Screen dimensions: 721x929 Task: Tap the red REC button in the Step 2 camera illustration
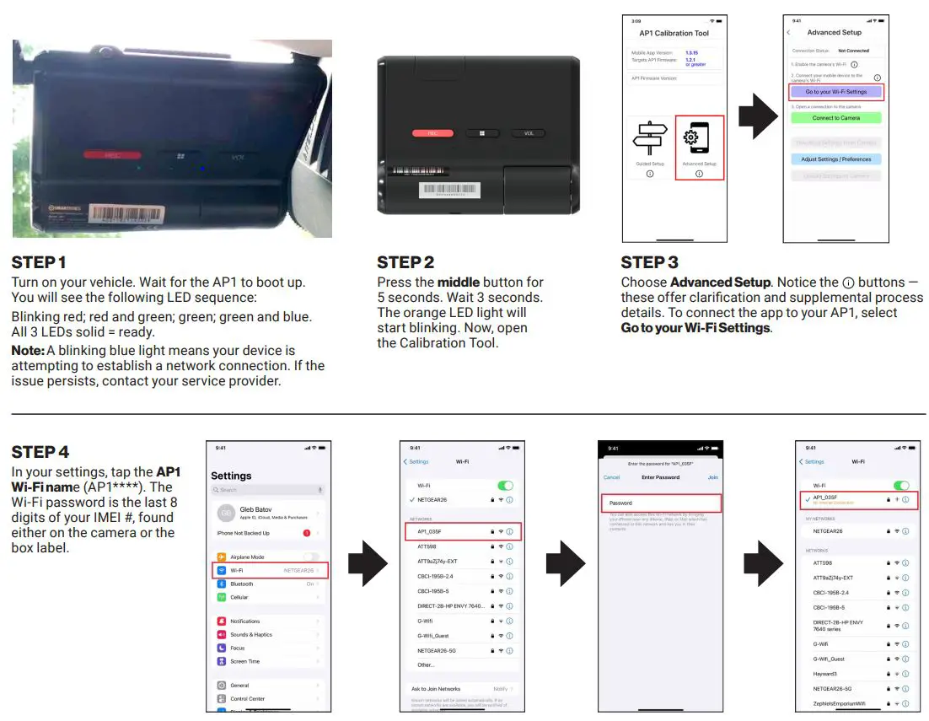tap(432, 133)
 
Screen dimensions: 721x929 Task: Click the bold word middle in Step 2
tap(459, 282)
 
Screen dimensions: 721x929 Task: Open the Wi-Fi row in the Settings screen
tap(268, 571)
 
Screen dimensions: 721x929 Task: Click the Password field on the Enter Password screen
tap(661, 503)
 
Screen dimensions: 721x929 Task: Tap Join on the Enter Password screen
tap(712, 477)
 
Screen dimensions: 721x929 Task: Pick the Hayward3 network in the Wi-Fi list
tap(825, 674)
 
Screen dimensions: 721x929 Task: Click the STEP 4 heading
tap(40, 453)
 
